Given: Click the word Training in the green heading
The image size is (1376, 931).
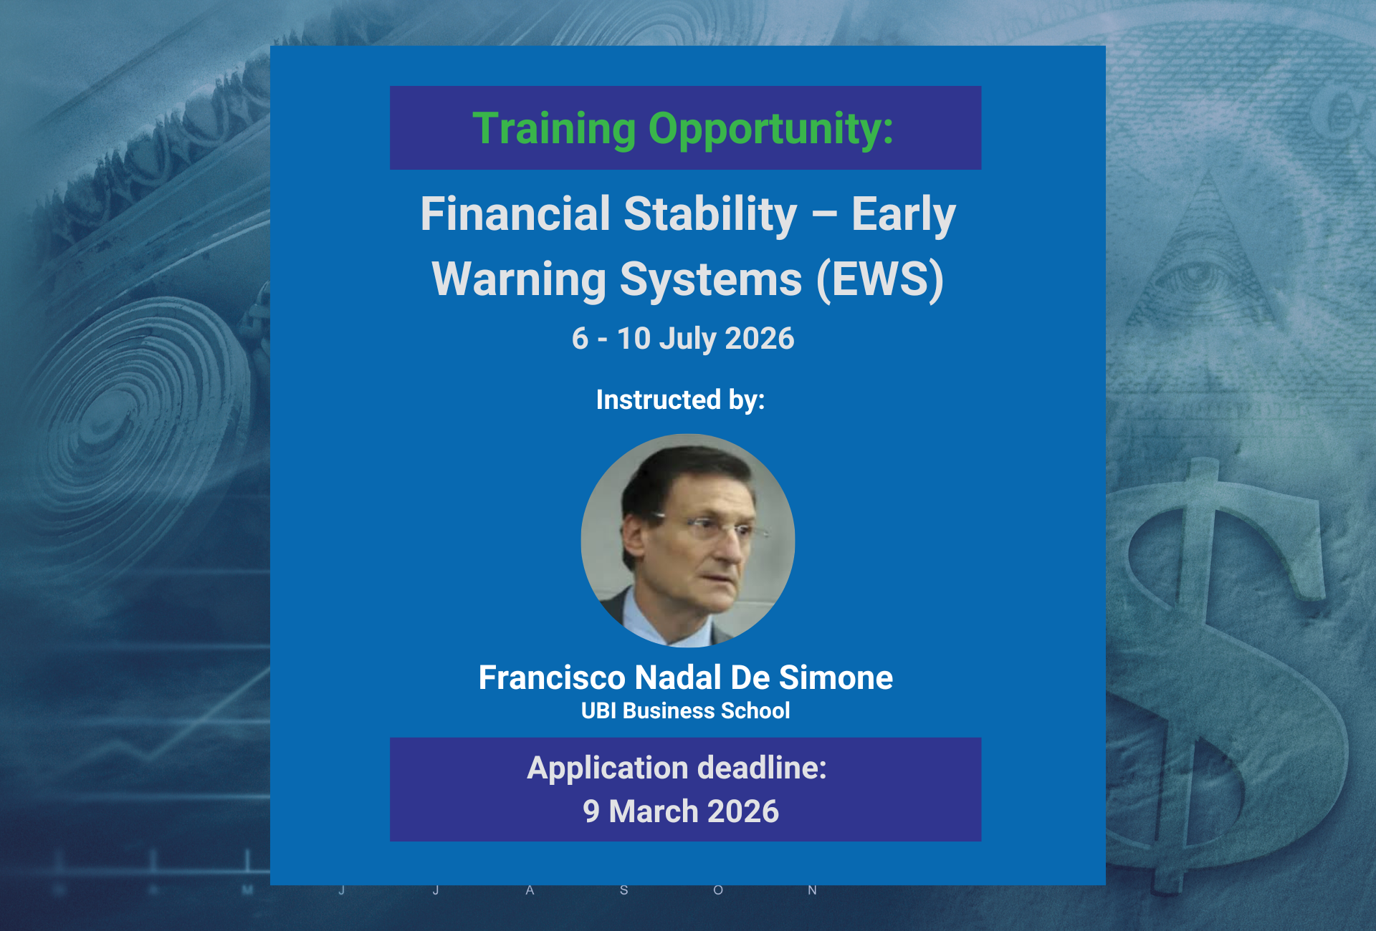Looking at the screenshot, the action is [x=554, y=130].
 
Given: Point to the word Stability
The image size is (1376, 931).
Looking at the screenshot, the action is [x=710, y=216].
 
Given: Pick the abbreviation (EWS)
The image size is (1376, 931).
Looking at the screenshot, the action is [x=880, y=279].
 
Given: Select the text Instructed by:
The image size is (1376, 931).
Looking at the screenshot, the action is [x=680, y=400].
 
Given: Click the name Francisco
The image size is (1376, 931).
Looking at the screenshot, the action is [x=552, y=677].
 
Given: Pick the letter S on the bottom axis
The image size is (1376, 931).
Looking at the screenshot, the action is [x=624, y=890].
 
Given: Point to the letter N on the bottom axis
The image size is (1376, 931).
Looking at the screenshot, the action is [x=812, y=890].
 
